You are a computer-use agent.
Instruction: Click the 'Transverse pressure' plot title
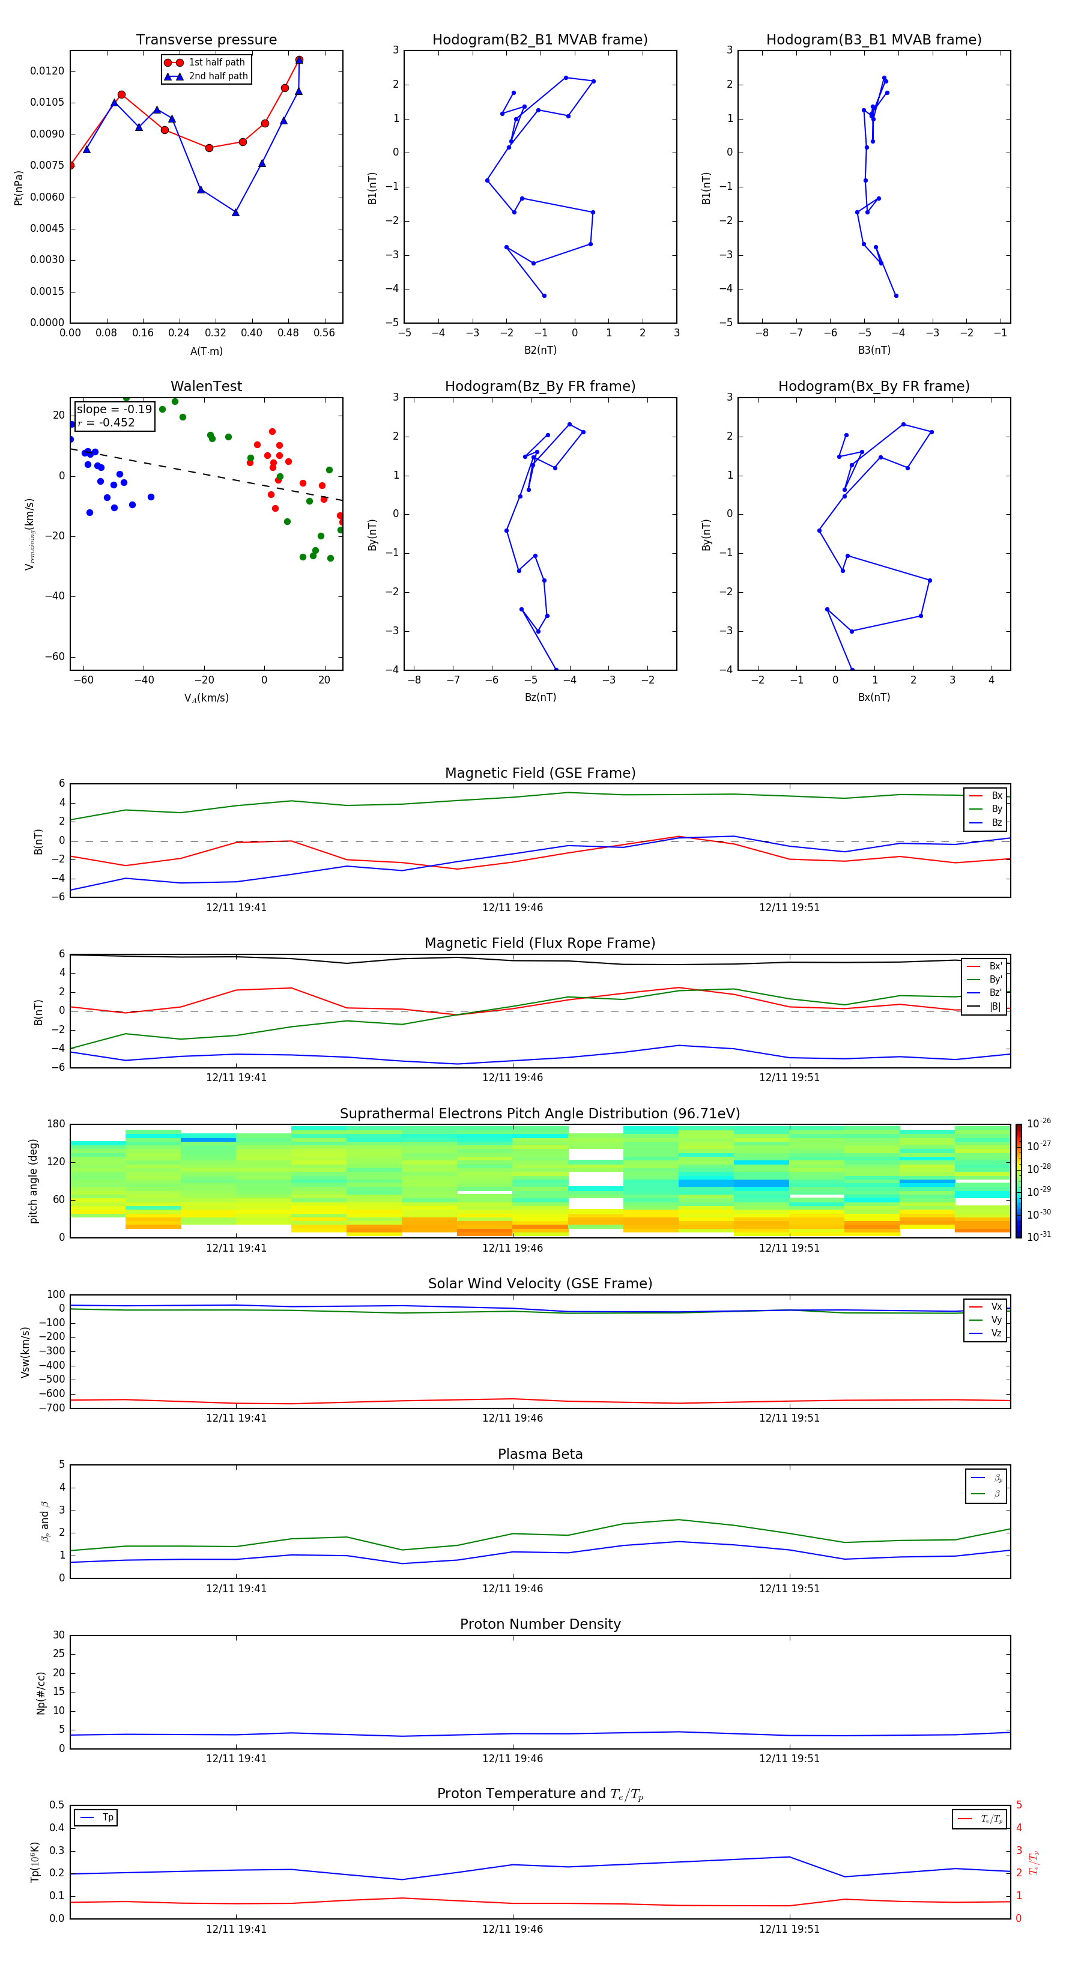point(206,40)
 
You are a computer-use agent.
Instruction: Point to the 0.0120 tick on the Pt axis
point(47,71)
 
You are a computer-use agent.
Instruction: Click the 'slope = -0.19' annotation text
point(114,410)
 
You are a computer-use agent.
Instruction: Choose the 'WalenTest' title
point(206,386)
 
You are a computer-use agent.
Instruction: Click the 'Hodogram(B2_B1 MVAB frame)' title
point(539,40)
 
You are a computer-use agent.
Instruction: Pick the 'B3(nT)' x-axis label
point(874,350)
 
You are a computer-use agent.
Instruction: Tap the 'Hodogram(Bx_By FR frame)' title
point(873,386)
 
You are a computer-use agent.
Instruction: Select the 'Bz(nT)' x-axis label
point(540,697)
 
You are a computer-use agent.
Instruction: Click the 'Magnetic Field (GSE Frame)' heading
point(540,773)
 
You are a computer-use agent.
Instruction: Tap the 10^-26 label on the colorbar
point(1039,1123)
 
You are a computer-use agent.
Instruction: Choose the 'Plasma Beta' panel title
point(540,1454)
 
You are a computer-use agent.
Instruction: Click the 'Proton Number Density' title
point(540,1624)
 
